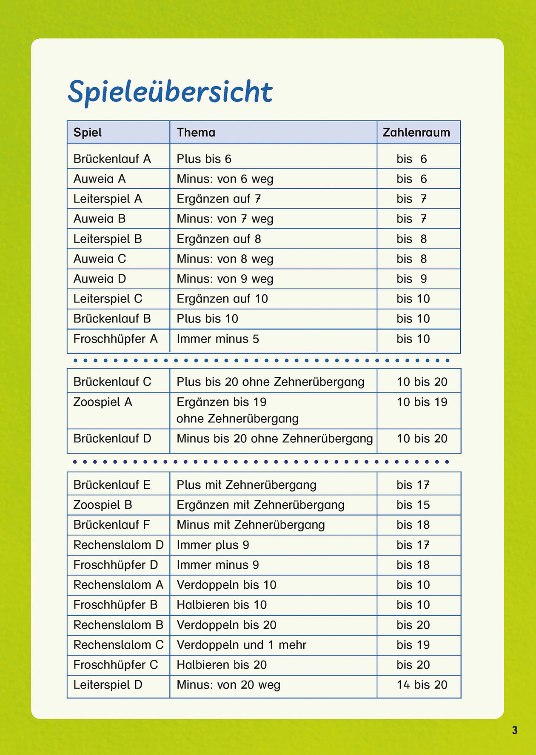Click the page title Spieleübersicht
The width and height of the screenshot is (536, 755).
coord(170,91)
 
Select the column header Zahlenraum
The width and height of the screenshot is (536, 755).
coord(416,133)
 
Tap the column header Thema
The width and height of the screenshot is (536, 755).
coord(196,133)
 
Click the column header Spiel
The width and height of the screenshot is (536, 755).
coord(88,133)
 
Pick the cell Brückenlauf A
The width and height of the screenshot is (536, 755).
coord(112,159)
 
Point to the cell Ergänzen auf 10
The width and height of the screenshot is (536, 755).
coord(222,299)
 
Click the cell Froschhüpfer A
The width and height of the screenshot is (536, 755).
coord(115,339)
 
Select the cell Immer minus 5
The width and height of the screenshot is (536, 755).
coord(218,339)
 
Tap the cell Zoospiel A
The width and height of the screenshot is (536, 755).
coord(103,402)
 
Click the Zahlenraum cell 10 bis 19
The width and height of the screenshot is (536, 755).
coord(422,402)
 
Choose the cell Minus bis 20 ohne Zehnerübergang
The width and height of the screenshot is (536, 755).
coord(275,439)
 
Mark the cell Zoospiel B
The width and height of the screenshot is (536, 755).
coord(103,505)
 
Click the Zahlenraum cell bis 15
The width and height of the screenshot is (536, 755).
coord(413,505)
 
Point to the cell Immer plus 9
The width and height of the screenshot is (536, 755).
coord(213,545)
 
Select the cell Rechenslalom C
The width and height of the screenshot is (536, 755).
coord(118,645)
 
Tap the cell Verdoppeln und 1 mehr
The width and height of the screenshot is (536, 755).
coord(242,645)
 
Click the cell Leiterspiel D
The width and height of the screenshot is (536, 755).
coord(108,685)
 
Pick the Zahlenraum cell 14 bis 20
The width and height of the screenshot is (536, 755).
coord(422,685)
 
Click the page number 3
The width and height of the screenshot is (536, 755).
coord(515,730)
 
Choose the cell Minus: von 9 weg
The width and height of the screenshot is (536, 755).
coord(225,279)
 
